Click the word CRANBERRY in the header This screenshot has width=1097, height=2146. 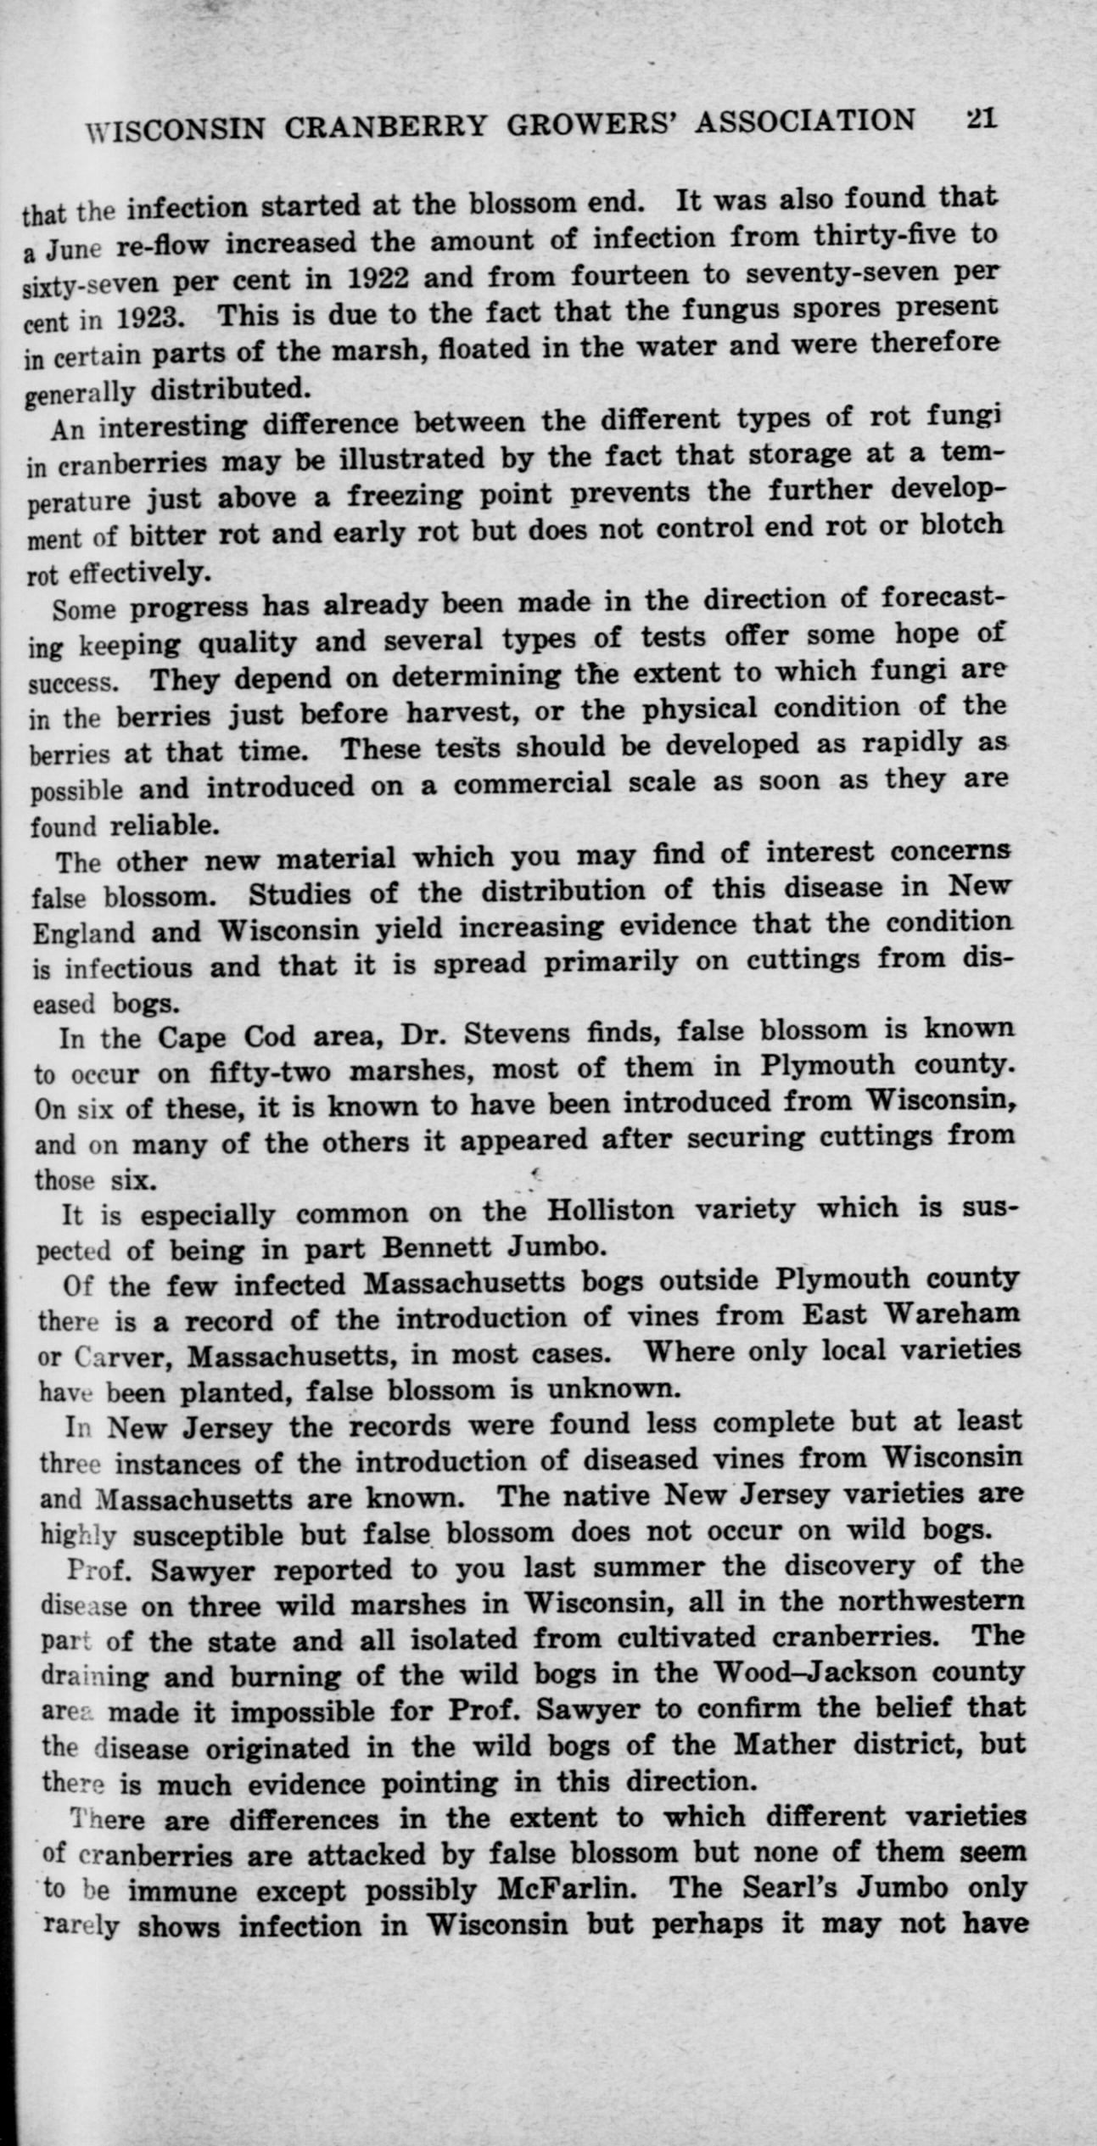pos(386,126)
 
